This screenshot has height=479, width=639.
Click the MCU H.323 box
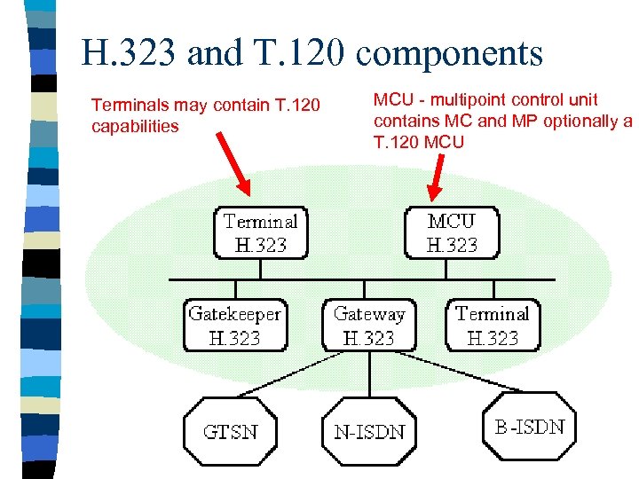pos(452,232)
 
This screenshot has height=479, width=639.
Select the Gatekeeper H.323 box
pos(234,326)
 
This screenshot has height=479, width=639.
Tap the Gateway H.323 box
pos(368,326)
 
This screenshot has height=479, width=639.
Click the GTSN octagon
pos(230,432)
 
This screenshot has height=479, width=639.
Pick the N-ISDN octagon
pos(369,432)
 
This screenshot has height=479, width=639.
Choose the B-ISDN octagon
pos(529,427)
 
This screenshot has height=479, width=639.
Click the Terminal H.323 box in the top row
pos(260,232)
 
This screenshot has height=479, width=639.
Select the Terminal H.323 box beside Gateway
pos(492,326)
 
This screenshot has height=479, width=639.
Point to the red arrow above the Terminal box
pos(233,164)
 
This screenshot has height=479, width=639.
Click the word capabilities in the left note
pos(135,126)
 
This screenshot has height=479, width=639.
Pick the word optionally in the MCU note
pos(580,121)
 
